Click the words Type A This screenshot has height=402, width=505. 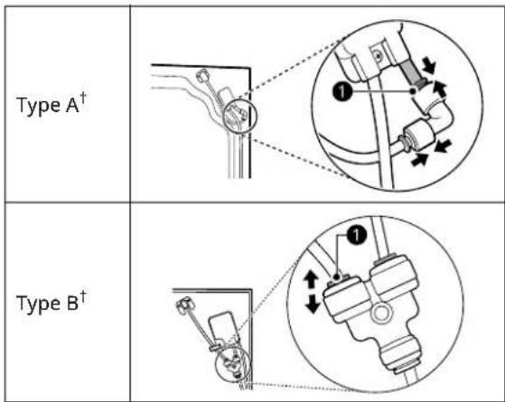pyautogui.click(x=48, y=106)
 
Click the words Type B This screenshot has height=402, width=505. pyautogui.click(x=47, y=304)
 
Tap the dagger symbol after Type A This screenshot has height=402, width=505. pyautogui.click(x=83, y=98)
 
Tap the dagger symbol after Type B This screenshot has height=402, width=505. pyautogui.click(x=83, y=296)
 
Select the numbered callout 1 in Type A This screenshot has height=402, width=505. pyautogui.click(x=342, y=92)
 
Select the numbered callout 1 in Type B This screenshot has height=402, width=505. pyautogui.click(x=357, y=235)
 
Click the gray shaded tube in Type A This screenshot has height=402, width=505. pyautogui.click(x=412, y=72)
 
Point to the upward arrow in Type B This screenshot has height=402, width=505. pyautogui.click(x=311, y=279)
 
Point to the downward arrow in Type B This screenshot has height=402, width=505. pyautogui.click(x=312, y=304)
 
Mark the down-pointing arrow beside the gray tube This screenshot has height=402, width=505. pyautogui.click(x=429, y=66)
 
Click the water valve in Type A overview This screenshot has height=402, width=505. pyautogui.click(x=203, y=76)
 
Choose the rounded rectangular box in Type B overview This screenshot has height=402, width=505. pyautogui.click(x=223, y=326)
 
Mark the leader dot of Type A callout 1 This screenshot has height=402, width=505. pyautogui.click(x=413, y=91)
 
